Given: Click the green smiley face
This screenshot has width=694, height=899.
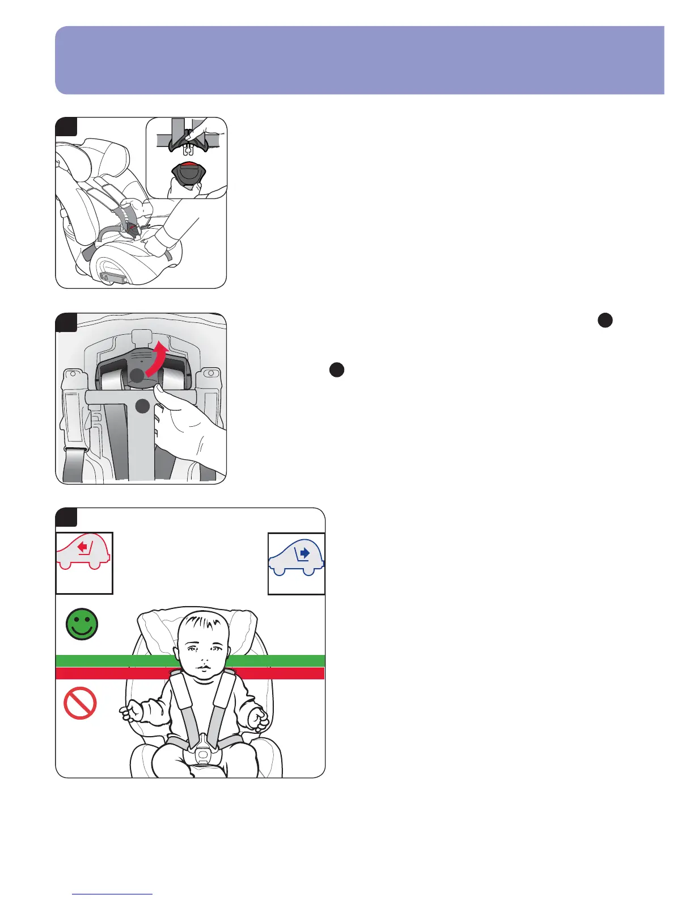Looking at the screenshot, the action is click(x=82, y=624).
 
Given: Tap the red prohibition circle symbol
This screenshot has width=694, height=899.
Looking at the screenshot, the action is click(x=80, y=703).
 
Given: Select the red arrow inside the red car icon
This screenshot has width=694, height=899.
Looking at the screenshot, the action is click(x=84, y=548).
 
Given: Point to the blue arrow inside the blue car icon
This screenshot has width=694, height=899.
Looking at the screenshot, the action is click(x=304, y=552).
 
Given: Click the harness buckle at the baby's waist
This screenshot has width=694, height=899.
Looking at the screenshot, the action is click(x=202, y=754).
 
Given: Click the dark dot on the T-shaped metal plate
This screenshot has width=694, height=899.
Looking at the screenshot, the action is click(x=143, y=405).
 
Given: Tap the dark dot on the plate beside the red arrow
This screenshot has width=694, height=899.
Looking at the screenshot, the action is click(x=137, y=375).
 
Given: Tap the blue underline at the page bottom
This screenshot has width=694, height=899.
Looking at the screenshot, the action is click(x=113, y=894).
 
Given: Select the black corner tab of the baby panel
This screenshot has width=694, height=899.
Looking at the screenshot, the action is click(x=66, y=517).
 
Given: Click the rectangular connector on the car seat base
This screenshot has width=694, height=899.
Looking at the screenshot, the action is click(x=112, y=278).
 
